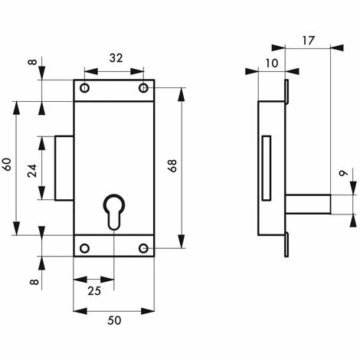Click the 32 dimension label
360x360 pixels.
116,58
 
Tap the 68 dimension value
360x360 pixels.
173,165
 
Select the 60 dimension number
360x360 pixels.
7,165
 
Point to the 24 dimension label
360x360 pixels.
32,171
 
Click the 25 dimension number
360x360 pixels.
94,291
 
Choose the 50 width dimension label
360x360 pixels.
114,320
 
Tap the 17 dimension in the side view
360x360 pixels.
309,41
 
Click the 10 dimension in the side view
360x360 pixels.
272,63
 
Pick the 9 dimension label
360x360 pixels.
343,173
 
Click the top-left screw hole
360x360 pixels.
84,88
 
